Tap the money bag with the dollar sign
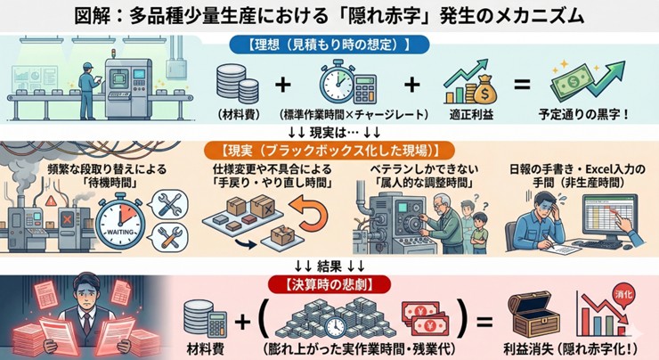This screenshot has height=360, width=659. coord(470,90)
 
